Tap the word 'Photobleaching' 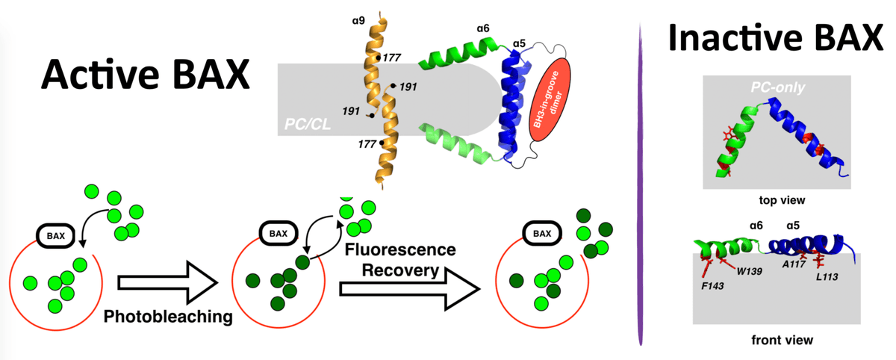click(167, 317)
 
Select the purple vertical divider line click(641, 187)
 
